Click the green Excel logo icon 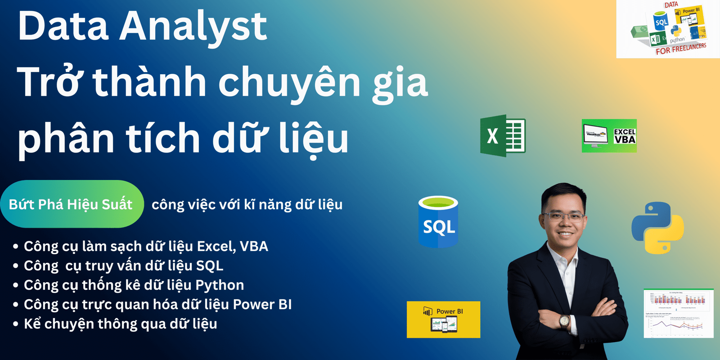(x=503, y=136)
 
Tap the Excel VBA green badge (x=609, y=135)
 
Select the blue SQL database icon (x=438, y=222)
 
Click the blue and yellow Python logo (x=657, y=228)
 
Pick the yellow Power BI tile (x=443, y=319)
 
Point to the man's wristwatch (x=564, y=321)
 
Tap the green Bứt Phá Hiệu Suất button (x=71, y=204)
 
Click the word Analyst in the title (x=193, y=26)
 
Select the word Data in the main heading (x=63, y=26)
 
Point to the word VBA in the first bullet (x=254, y=246)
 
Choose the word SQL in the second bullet (x=209, y=265)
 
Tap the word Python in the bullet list (x=220, y=285)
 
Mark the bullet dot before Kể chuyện (x=16, y=324)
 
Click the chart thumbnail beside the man (x=678, y=313)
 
